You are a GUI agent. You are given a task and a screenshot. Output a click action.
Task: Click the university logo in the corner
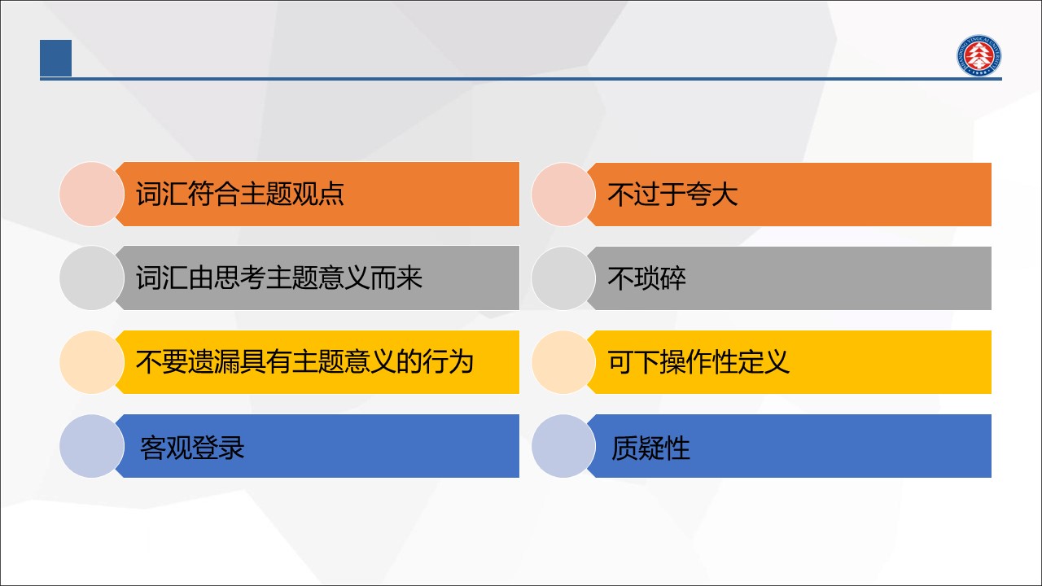979,55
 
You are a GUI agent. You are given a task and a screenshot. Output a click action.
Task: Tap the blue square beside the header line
56,58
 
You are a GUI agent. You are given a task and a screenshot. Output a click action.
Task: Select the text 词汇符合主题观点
240,194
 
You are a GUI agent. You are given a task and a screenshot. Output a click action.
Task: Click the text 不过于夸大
672,195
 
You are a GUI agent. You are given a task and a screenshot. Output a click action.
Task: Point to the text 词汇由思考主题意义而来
279,278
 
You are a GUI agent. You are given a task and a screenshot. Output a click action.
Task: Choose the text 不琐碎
646,278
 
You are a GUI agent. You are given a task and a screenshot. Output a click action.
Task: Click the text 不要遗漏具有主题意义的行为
304,362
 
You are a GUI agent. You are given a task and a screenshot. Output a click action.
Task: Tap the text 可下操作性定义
698,362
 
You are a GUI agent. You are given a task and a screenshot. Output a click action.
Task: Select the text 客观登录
192,448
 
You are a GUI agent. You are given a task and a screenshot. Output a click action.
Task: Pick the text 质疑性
650,448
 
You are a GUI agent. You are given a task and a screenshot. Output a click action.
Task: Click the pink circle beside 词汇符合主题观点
92,195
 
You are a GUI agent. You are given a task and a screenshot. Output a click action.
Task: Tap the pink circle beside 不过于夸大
564,195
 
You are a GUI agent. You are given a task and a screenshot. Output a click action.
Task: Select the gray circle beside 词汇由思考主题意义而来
92,278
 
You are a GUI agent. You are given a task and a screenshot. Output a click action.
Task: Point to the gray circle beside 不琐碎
564,278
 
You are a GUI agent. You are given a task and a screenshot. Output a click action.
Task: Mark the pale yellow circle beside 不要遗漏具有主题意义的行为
92,362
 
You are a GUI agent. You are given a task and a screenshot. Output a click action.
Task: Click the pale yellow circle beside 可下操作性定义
564,362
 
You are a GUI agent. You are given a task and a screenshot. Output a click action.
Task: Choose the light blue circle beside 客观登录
92,446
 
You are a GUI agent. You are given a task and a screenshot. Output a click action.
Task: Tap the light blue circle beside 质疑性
564,446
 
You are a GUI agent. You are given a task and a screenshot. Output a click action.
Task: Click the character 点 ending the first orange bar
331,194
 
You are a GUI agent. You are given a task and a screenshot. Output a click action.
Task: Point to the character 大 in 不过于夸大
725,195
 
